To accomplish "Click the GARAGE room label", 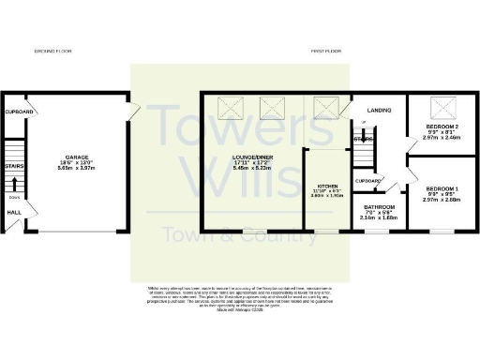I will pos(77,157).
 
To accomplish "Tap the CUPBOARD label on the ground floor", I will pos(20,112).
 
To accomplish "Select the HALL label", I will pos(14,212).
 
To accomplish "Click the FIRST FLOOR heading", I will pos(324,51).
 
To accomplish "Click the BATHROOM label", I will pos(380,206).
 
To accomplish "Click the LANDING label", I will pos(380,108).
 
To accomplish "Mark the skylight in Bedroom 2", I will pos(438,106).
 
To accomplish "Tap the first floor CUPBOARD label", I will pos(367,181).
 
